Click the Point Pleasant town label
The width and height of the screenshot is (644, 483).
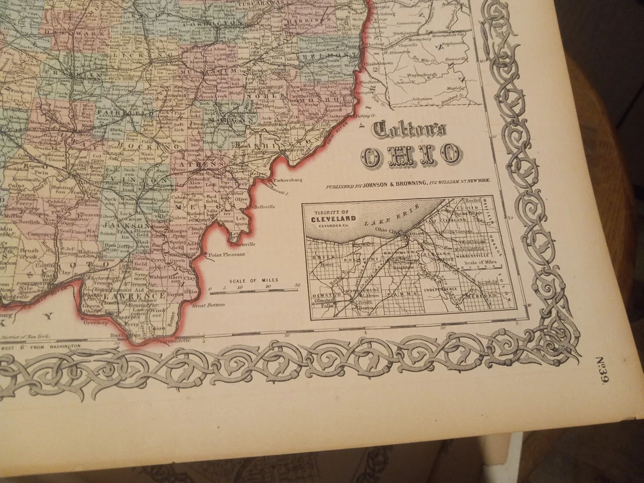[226, 255]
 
